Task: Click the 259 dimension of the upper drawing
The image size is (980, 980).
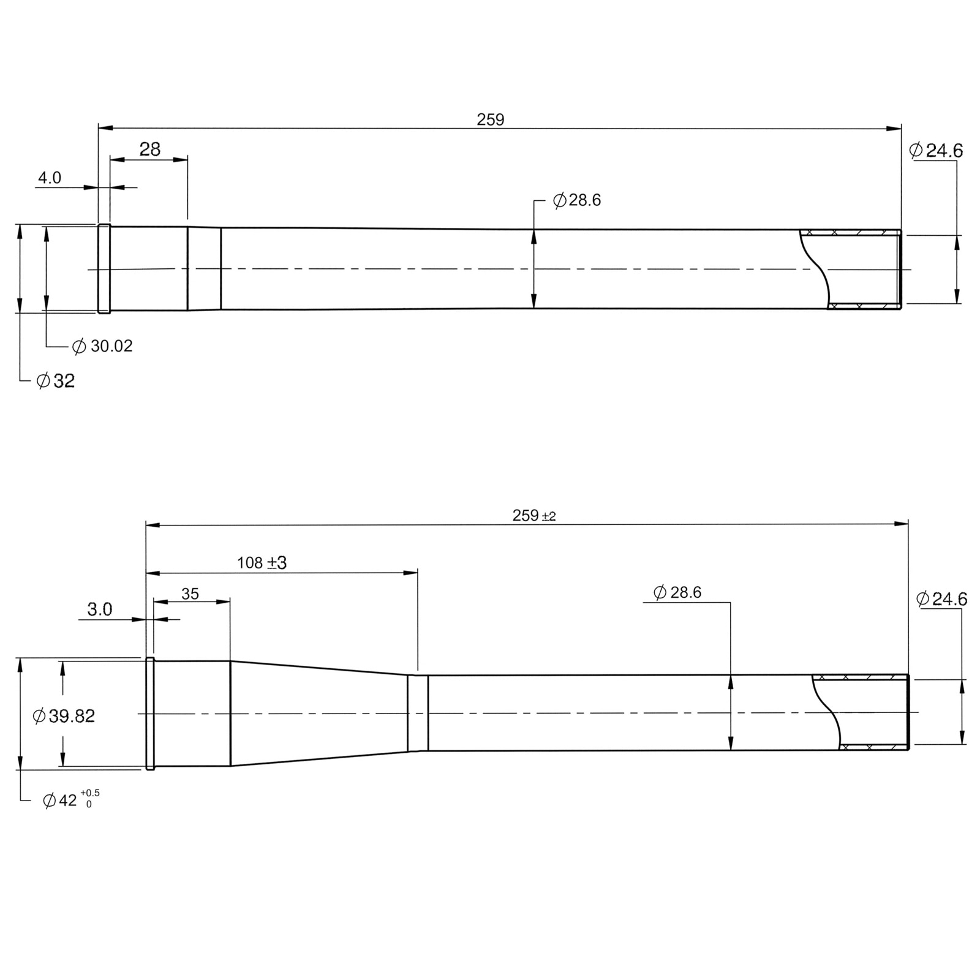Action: (490, 120)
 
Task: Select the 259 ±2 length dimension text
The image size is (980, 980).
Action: (533, 516)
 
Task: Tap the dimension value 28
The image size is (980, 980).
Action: (149, 149)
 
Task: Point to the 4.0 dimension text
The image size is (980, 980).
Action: (50, 178)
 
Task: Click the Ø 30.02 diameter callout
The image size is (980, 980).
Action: (102, 346)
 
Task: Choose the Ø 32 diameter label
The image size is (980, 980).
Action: (56, 381)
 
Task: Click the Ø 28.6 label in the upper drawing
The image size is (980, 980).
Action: (576, 200)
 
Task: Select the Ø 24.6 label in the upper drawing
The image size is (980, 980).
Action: (936, 151)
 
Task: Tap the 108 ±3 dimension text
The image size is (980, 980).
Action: (262, 562)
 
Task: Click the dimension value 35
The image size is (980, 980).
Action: (190, 594)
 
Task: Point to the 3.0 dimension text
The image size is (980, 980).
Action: (99, 609)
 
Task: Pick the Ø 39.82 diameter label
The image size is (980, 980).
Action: (64, 715)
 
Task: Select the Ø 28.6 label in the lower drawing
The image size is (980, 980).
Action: (677, 592)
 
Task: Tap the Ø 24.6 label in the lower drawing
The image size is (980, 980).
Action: (941, 599)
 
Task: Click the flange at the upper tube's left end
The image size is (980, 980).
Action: (104, 269)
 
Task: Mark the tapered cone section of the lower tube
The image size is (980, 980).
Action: (318, 713)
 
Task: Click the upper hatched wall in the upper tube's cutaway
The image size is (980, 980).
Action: (851, 232)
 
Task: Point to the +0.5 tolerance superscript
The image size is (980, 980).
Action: (90, 793)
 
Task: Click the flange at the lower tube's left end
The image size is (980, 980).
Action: (150, 714)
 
